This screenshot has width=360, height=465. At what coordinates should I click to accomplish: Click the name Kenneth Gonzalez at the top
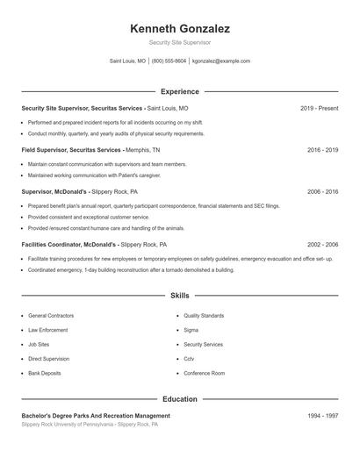[x=179, y=29]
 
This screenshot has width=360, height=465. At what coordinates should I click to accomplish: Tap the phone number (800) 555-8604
[x=169, y=61]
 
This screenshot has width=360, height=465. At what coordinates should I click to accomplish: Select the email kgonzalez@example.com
[x=220, y=61]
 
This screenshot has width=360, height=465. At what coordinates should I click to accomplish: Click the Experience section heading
[x=179, y=91]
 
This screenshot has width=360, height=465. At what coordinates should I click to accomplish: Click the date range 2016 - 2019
[x=322, y=150]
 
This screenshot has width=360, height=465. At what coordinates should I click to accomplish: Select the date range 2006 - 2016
[x=322, y=191]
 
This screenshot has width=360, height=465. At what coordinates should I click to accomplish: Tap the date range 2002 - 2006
[x=322, y=245]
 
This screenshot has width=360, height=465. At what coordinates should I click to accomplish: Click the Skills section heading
[x=179, y=296]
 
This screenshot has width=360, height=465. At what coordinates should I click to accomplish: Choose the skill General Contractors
[x=51, y=315]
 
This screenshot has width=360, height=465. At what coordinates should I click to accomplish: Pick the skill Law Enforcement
[x=47, y=330]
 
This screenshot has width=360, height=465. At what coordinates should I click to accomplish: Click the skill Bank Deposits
[x=45, y=373]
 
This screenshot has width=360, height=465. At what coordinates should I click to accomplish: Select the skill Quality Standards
[x=204, y=315]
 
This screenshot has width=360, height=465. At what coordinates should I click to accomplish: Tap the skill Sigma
[x=191, y=330]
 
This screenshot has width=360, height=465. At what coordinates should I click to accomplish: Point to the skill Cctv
[x=189, y=359]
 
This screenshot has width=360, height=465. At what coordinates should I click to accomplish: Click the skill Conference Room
[x=204, y=373]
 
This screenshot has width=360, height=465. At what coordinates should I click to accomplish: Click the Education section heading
[x=179, y=399]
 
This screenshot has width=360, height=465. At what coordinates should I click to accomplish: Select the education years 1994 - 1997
[x=322, y=415]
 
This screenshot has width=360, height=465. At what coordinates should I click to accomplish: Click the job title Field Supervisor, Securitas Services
[x=71, y=150]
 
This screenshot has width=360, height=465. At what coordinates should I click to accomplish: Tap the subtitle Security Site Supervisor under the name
[x=179, y=42]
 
